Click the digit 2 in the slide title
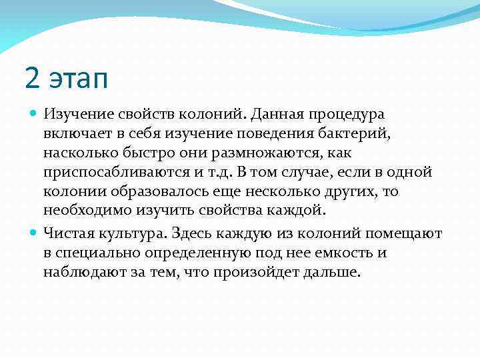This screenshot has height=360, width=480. pos(32,79)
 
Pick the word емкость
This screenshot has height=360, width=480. pos(331,253)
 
